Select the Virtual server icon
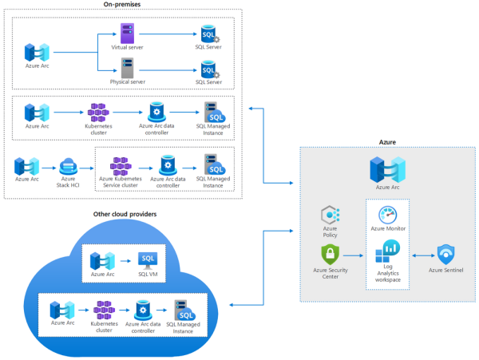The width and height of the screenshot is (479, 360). [x=126, y=34]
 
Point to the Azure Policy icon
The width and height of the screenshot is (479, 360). [x=331, y=216]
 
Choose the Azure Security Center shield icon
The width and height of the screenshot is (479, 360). [x=331, y=255]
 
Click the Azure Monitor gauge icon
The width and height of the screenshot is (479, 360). [x=388, y=215]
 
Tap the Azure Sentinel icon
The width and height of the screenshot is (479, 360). [x=445, y=255]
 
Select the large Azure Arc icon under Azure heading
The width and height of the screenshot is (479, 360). [x=387, y=170]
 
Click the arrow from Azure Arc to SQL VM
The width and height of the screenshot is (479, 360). [x=125, y=261]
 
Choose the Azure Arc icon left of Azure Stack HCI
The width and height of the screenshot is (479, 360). [x=27, y=166]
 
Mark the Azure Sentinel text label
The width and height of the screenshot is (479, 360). [x=446, y=271]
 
